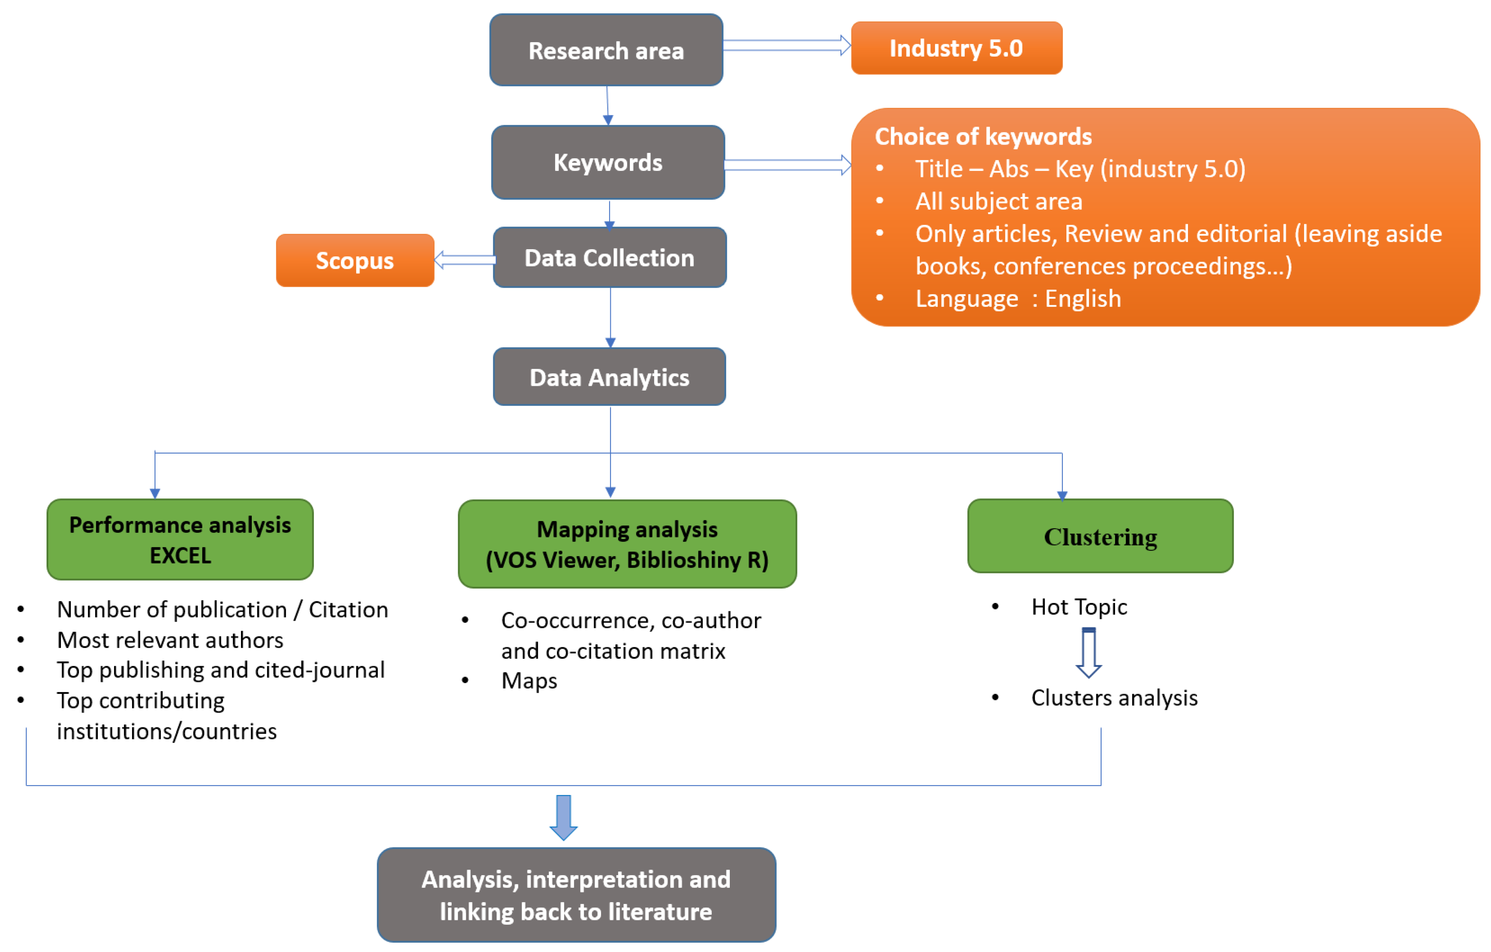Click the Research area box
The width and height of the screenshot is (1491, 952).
(x=606, y=50)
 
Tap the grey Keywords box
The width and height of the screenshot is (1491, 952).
(x=608, y=162)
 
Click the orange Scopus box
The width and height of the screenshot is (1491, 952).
(x=355, y=261)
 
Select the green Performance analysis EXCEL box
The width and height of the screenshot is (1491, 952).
(x=180, y=539)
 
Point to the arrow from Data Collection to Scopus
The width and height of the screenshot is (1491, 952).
(x=464, y=259)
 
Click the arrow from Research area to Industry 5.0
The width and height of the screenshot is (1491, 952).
(x=786, y=45)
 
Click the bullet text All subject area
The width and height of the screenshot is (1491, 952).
(x=998, y=201)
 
